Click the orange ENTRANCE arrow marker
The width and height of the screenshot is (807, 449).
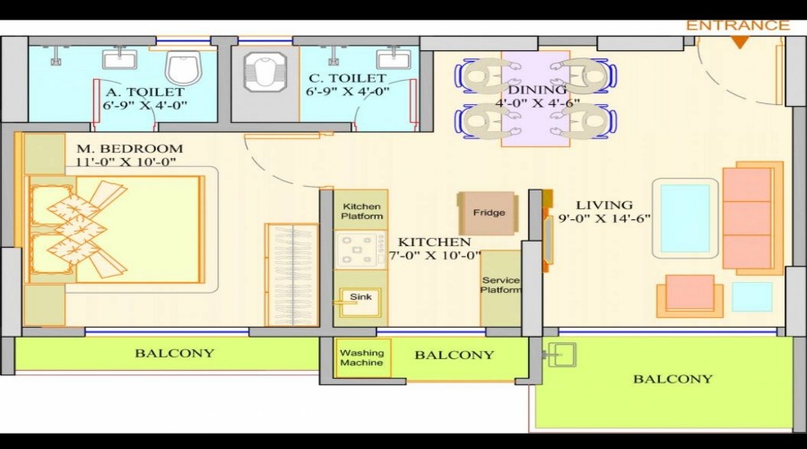739,41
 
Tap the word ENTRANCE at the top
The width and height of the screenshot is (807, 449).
738,25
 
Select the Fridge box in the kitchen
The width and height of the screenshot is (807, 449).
488,214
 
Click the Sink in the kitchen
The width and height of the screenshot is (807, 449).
360,298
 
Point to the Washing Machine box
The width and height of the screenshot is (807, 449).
362,357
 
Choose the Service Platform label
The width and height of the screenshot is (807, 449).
500,285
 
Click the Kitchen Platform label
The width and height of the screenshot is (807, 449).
361,211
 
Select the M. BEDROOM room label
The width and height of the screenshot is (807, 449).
130,148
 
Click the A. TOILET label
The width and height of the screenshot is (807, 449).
145,92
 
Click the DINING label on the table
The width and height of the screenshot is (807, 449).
537,90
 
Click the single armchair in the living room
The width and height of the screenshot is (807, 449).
690,295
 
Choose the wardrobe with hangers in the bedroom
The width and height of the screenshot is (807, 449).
291,274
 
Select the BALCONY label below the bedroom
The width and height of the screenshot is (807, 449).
175,353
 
